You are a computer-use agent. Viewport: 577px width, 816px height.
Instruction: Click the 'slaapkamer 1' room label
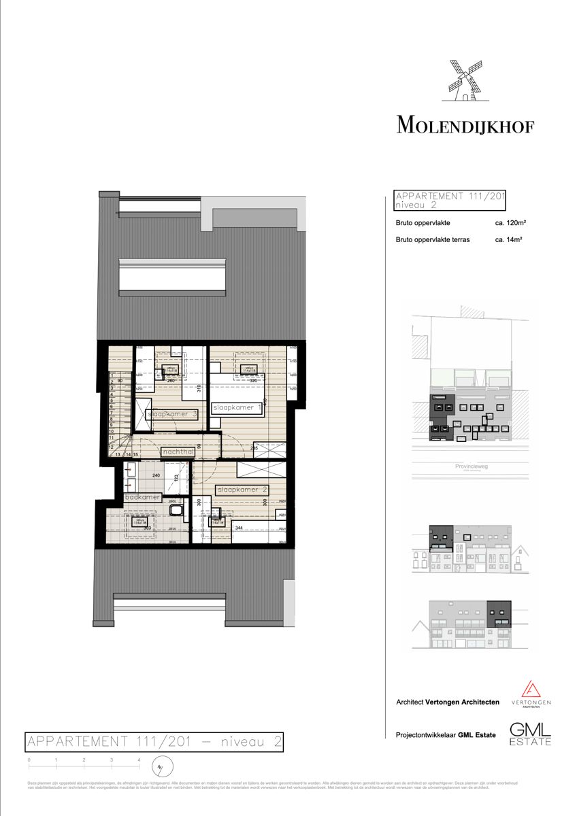(237, 407)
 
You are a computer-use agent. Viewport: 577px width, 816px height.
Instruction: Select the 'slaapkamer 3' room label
(172, 414)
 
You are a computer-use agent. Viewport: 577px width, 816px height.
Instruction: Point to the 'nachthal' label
(179, 452)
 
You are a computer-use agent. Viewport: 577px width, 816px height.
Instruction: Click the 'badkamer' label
(143, 497)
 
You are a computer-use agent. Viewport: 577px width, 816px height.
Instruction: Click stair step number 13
(118, 454)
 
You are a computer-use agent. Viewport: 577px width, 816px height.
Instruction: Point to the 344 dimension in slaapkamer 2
(239, 527)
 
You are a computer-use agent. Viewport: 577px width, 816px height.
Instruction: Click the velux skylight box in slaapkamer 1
(248, 368)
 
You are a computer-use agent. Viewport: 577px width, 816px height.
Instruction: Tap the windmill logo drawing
(465, 81)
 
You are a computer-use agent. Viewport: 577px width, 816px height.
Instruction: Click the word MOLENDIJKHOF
(465, 125)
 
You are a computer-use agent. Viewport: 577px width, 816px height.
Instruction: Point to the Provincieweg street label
(469, 467)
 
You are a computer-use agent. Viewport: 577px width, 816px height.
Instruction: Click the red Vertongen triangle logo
(531, 688)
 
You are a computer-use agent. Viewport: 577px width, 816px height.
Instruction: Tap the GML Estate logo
(531, 733)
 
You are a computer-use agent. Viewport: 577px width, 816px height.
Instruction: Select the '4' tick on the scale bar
(139, 760)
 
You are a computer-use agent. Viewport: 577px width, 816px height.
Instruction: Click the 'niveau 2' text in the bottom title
(251, 742)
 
